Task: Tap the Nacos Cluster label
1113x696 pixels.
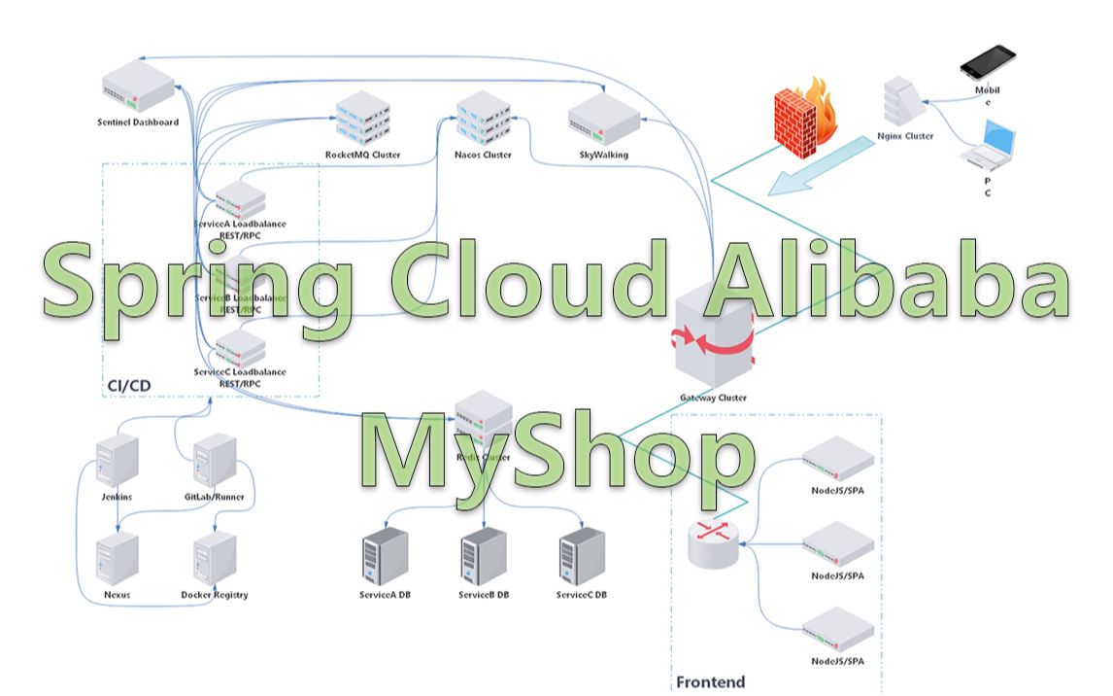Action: pyautogui.click(x=483, y=156)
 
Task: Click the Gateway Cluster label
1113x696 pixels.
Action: pyautogui.click(x=714, y=398)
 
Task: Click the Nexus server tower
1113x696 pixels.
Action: pyautogui.click(x=117, y=559)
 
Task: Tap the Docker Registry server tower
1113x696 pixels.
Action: pyautogui.click(x=215, y=559)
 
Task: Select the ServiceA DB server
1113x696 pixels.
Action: pyautogui.click(x=385, y=556)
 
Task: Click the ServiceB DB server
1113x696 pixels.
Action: pyautogui.click(x=484, y=556)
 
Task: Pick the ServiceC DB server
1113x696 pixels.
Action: pyautogui.click(x=582, y=556)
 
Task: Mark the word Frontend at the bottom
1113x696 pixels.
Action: pyautogui.click(x=710, y=681)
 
